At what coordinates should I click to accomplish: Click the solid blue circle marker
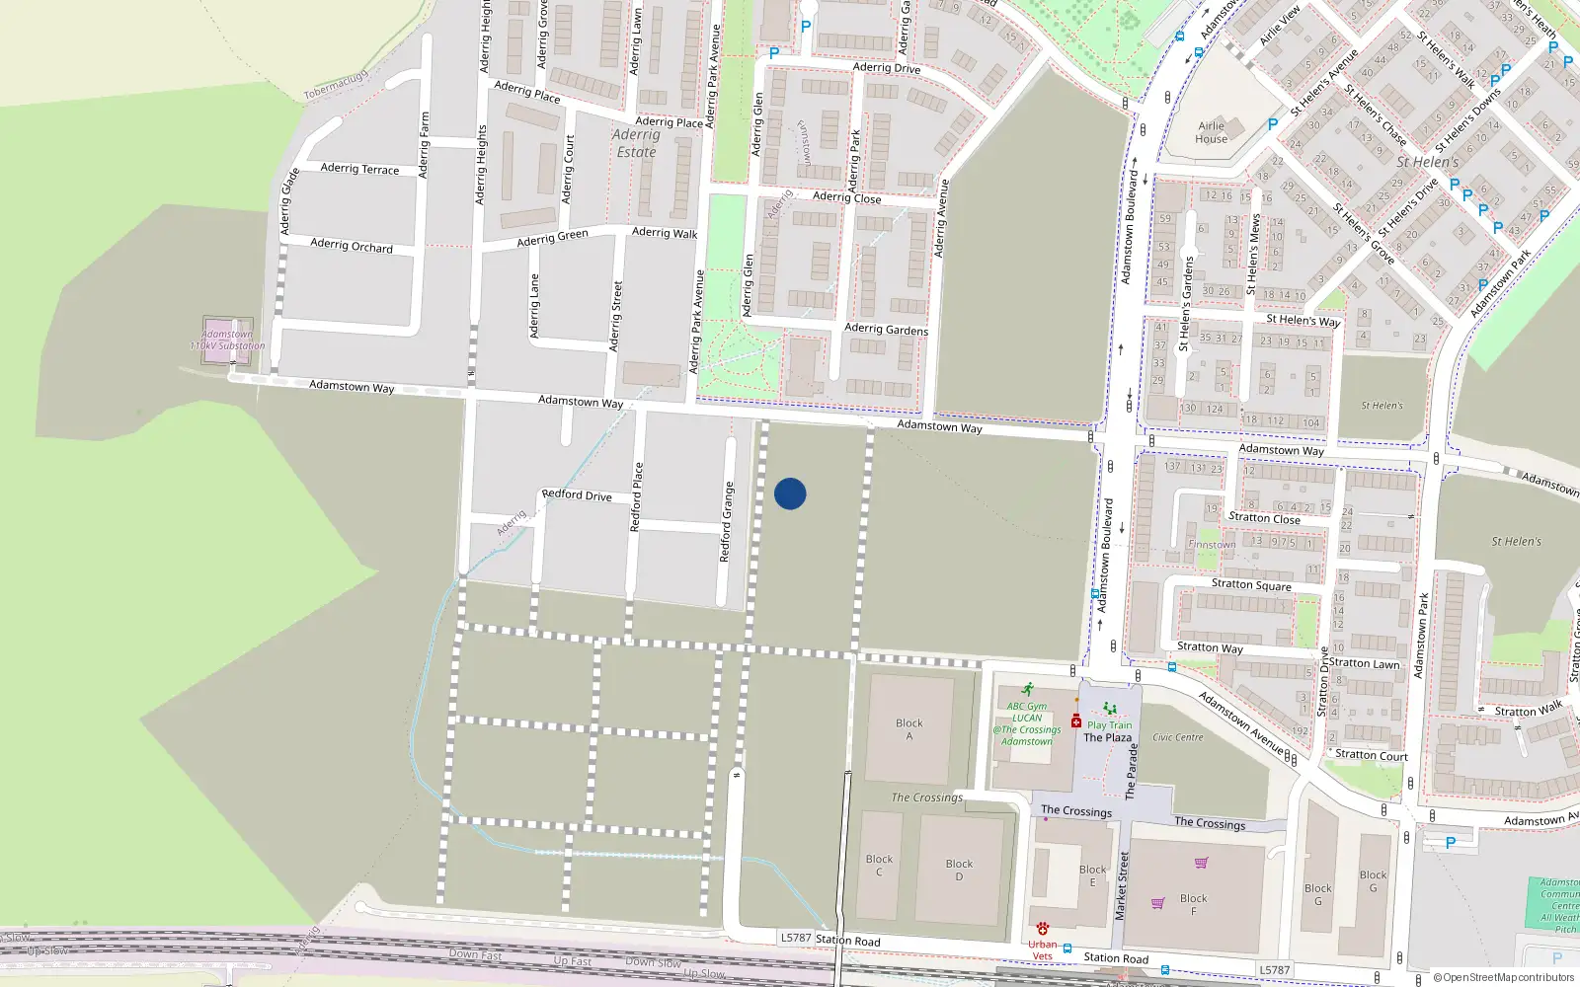point(790,493)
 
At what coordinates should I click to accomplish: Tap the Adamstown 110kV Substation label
point(228,341)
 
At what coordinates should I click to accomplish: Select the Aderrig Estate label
point(636,143)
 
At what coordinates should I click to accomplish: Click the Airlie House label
point(1212,132)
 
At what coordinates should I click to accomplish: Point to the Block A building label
point(909,729)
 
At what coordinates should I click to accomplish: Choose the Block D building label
point(959,870)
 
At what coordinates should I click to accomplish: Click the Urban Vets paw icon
point(1043,929)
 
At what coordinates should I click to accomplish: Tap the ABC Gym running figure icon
point(1028,690)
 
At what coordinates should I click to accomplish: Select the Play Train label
point(1110,724)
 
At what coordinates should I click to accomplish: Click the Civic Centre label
point(1178,737)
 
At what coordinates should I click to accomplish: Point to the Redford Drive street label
point(577,494)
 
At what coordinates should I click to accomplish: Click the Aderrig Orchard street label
point(352,245)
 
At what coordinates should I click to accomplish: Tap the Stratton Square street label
point(1251,585)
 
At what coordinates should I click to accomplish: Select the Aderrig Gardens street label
point(886,329)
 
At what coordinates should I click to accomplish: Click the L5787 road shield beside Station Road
point(795,938)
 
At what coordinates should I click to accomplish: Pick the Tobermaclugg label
point(336,84)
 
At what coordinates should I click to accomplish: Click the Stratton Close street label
point(1264,517)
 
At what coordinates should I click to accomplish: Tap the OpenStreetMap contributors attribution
point(1508,978)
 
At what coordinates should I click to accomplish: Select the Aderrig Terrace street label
point(359,169)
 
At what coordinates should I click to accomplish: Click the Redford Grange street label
point(727,522)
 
